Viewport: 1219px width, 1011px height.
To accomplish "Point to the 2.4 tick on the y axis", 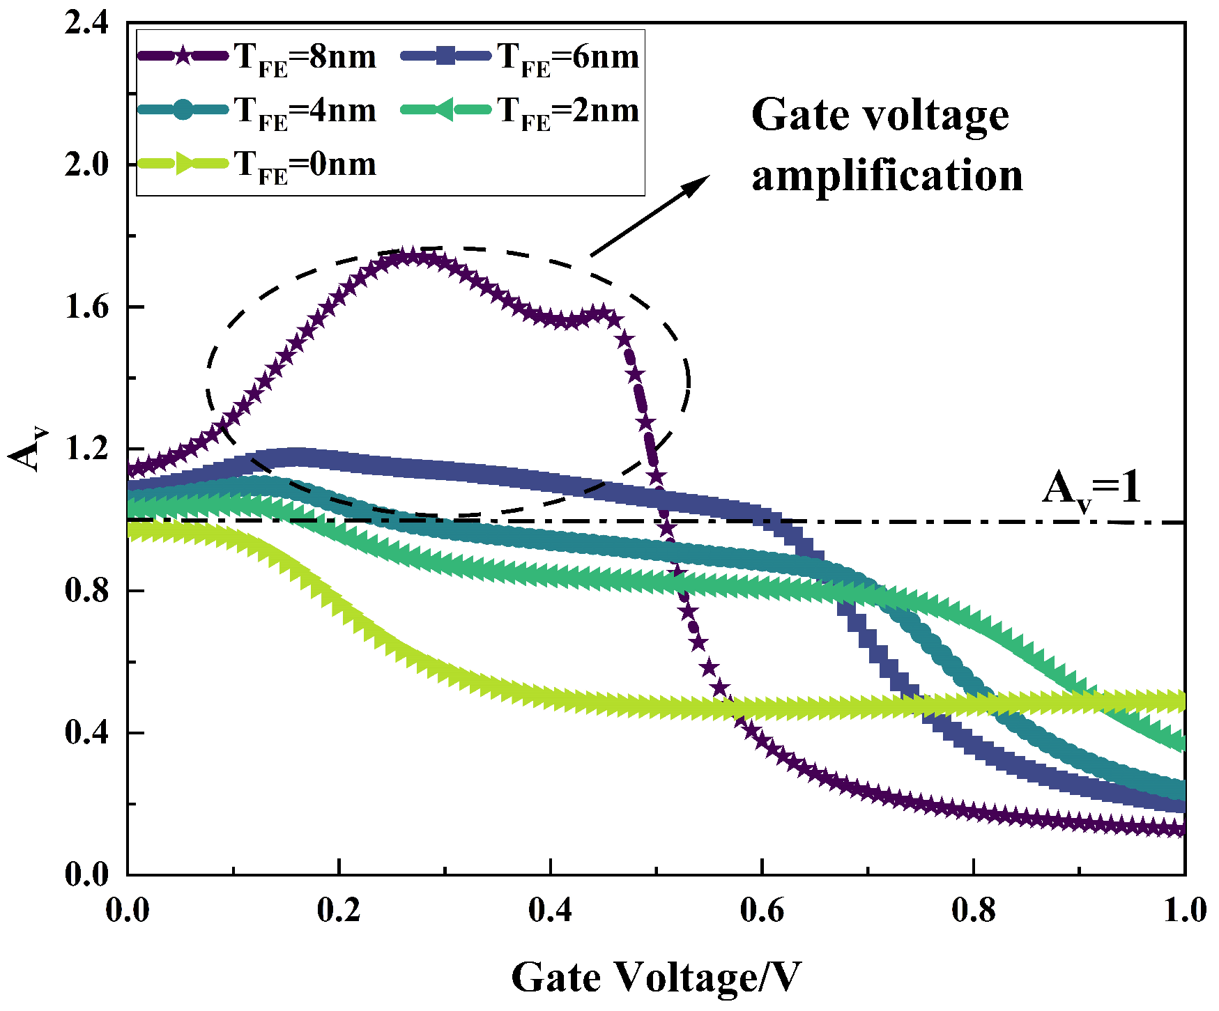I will coord(86,24).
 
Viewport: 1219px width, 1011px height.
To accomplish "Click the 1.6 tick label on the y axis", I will coord(86,307).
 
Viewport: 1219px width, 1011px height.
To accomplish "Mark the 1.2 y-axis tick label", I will coord(86,449).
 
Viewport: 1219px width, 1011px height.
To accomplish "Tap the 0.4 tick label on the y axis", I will coord(86,733).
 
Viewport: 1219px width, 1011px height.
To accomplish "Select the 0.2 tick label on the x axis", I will coord(339,911).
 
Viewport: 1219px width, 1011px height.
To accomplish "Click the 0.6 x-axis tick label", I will coord(762,911).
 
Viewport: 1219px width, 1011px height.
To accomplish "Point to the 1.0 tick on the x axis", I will coord(1185,911).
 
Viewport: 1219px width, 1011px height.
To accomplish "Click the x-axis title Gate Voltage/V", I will coord(656,977).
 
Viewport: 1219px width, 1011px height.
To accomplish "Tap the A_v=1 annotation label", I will coord(1091,489).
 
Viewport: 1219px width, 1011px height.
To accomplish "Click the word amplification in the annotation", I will coord(887,175).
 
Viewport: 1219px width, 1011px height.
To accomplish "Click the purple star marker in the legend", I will coord(183,56).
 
